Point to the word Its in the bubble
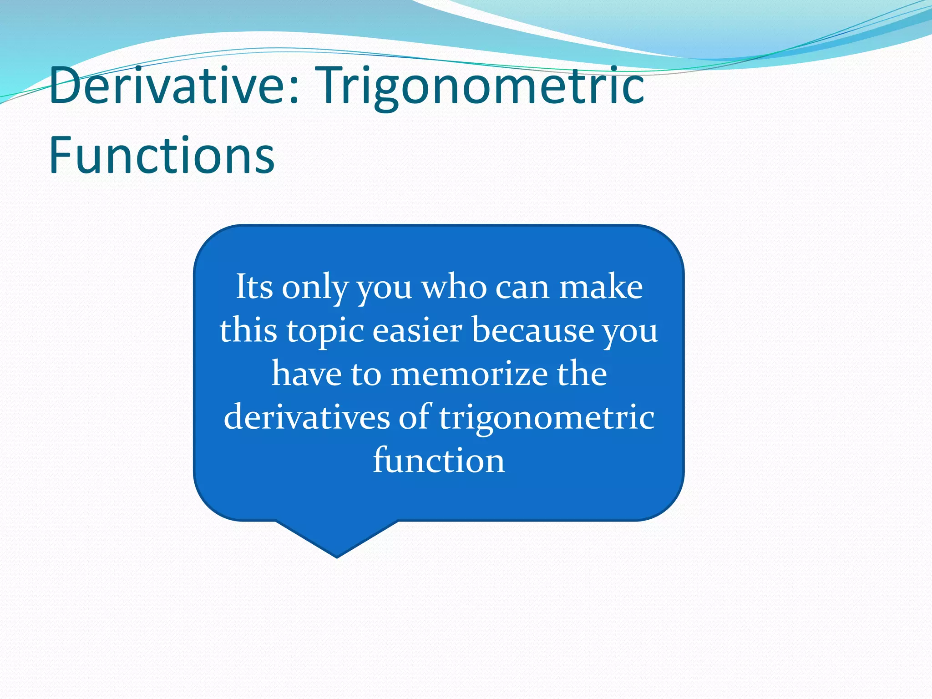click(254, 287)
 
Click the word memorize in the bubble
click(469, 374)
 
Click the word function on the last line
click(439, 460)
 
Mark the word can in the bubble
click(522, 288)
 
